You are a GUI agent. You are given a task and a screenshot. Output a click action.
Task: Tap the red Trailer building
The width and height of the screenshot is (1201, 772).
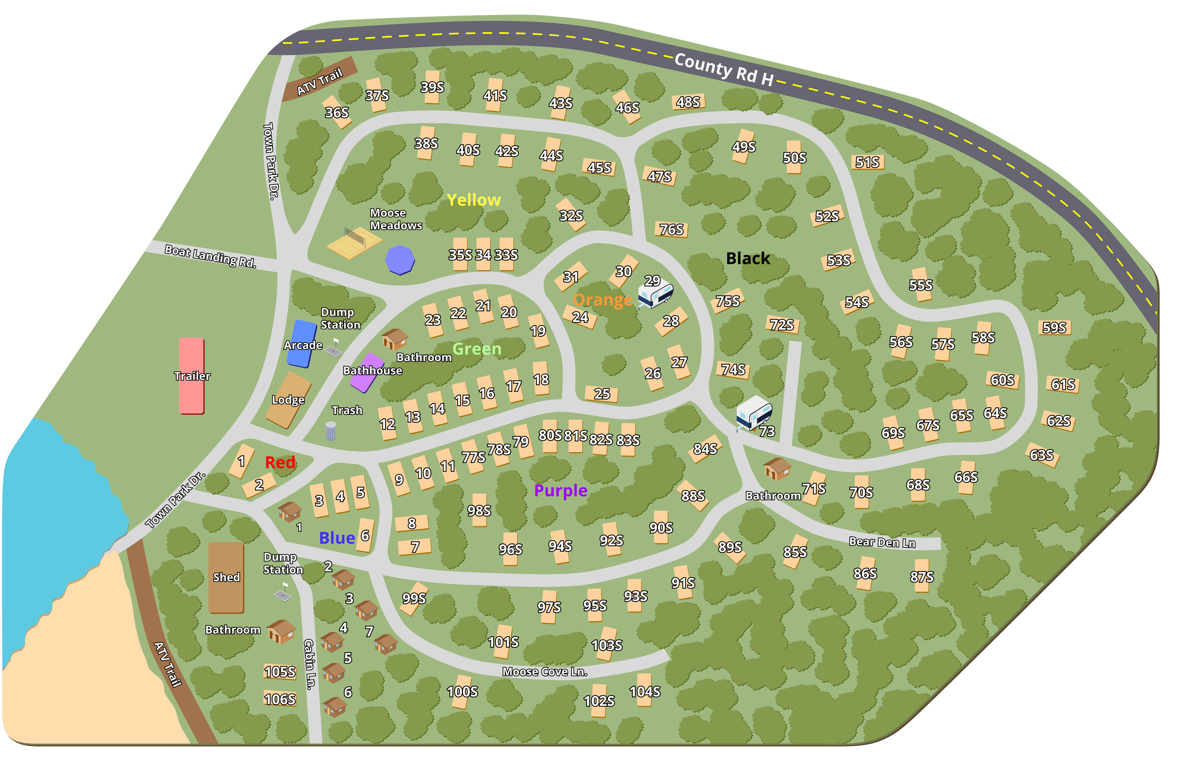(191, 376)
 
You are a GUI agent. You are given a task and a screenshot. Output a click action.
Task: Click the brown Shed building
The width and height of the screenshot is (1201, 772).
(226, 577)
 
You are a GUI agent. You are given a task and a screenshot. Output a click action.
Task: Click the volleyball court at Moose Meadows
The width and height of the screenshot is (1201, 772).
(354, 242)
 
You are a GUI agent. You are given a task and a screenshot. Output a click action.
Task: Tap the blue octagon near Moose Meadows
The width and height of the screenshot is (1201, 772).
(399, 260)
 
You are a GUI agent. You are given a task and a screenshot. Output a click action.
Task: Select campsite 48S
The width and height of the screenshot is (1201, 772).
(688, 102)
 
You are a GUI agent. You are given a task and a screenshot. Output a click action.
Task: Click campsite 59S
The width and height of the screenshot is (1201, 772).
(1054, 327)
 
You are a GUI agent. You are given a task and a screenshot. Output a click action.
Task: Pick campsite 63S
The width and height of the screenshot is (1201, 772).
(1041, 455)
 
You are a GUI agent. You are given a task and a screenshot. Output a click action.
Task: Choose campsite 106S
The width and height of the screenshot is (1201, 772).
(280, 699)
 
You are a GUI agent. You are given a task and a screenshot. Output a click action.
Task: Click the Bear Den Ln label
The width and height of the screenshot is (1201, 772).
(882, 542)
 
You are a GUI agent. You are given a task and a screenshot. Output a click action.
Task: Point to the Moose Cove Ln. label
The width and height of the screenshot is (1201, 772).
(545, 672)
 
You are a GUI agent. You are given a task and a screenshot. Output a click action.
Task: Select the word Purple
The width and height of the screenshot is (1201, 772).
(560, 490)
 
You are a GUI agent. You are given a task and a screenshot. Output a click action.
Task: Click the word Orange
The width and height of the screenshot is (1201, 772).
(602, 300)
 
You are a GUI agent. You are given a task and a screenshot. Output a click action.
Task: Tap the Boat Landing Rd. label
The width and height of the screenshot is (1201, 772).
(210, 256)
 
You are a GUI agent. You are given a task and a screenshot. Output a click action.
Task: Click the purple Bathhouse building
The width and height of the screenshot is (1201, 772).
(367, 373)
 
